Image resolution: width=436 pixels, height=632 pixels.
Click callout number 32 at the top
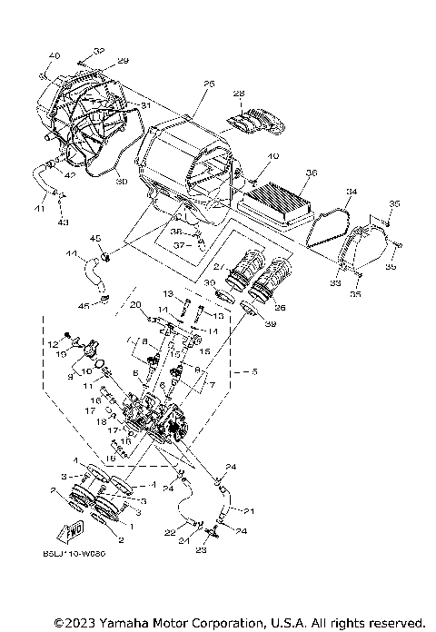point(98,51)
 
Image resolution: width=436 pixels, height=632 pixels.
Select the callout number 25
point(208,84)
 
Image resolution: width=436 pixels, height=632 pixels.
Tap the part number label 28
point(239,94)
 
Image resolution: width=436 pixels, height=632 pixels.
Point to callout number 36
point(312,173)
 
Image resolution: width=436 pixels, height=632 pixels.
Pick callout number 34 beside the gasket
point(351,193)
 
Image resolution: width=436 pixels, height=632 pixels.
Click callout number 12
point(54,343)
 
